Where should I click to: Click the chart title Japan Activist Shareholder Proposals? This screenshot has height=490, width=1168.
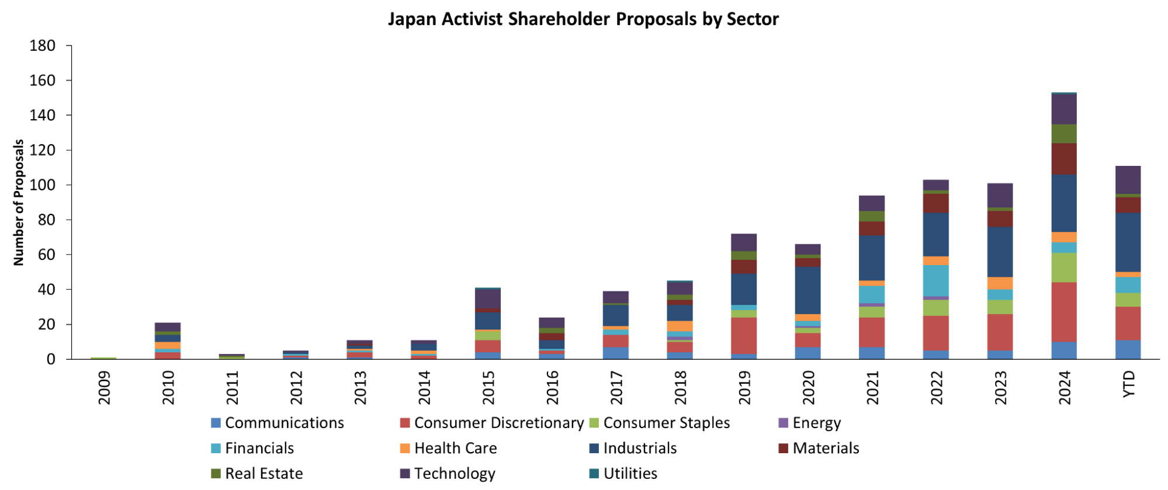click(x=583, y=19)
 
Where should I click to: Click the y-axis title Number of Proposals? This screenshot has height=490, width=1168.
click(x=19, y=203)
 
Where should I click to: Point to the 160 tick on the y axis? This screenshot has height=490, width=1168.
click(x=43, y=81)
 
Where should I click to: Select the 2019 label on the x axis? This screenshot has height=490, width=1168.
click(x=744, y=387)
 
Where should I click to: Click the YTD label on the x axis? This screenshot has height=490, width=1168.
click(x=1129, y=384)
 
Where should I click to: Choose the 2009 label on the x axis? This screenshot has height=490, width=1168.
click(x=104, y=387)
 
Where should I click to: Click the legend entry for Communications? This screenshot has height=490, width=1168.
click(x=284, y=423)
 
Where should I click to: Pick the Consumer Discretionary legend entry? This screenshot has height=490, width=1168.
click(x=498, y=423)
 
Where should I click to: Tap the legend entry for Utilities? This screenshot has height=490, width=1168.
click(x=630, y=474)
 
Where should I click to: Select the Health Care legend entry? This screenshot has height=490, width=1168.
click(x=455, y=449)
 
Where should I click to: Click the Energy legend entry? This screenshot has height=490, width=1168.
click(x=816, y=423)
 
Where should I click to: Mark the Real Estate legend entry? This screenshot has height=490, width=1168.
click(x=264, y=474)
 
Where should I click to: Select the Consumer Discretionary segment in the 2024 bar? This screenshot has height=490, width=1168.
click(x=1064, y=312)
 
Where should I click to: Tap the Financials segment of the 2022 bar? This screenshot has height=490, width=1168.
click(x=936, y=280)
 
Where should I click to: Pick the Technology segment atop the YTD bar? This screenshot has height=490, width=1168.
click(x=1128, y=179)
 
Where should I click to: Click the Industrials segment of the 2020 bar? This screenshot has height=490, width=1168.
click(x=807, y=290)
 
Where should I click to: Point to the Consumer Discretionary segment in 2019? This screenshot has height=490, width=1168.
click(x=744, y=335)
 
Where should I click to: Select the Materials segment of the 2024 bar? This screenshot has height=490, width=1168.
click(x=1064, y=159)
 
